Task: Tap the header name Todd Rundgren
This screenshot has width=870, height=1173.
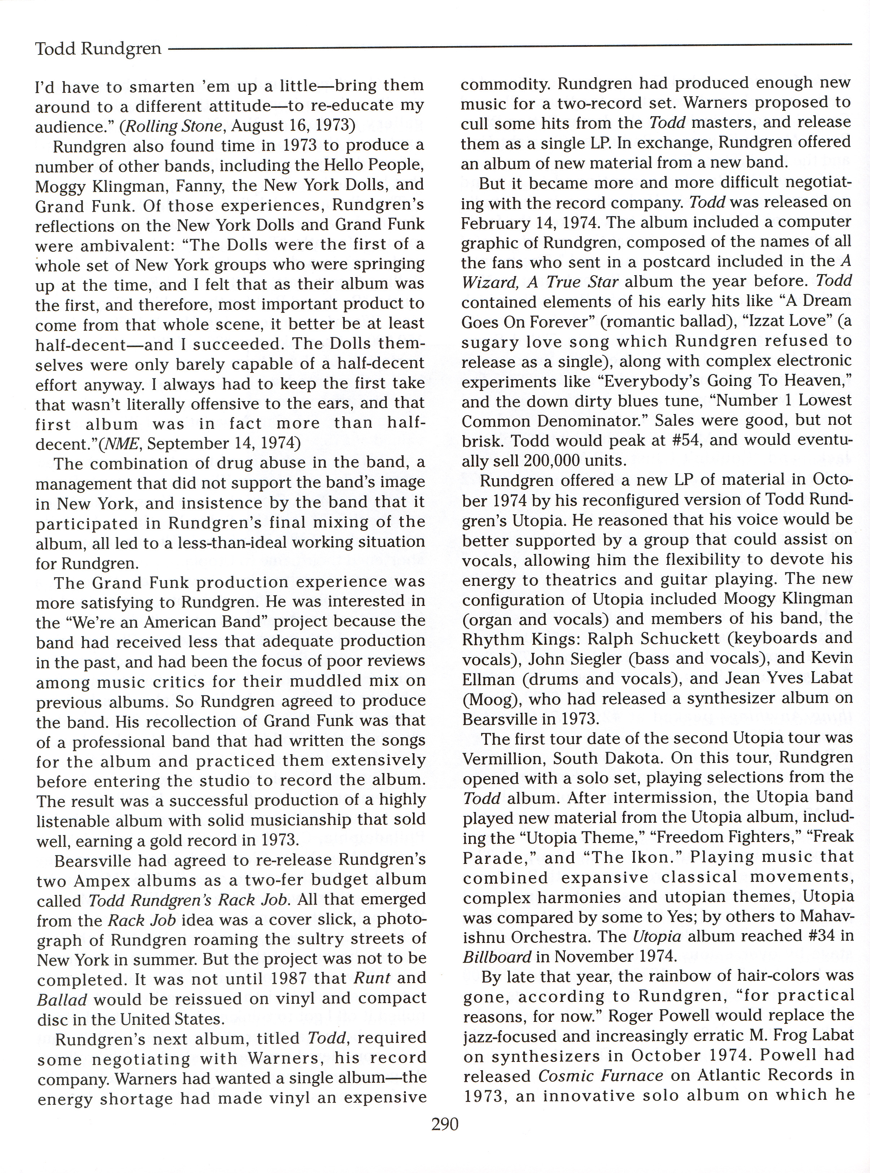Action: click(98, 49)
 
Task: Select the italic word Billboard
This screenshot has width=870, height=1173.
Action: click(497, 957)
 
